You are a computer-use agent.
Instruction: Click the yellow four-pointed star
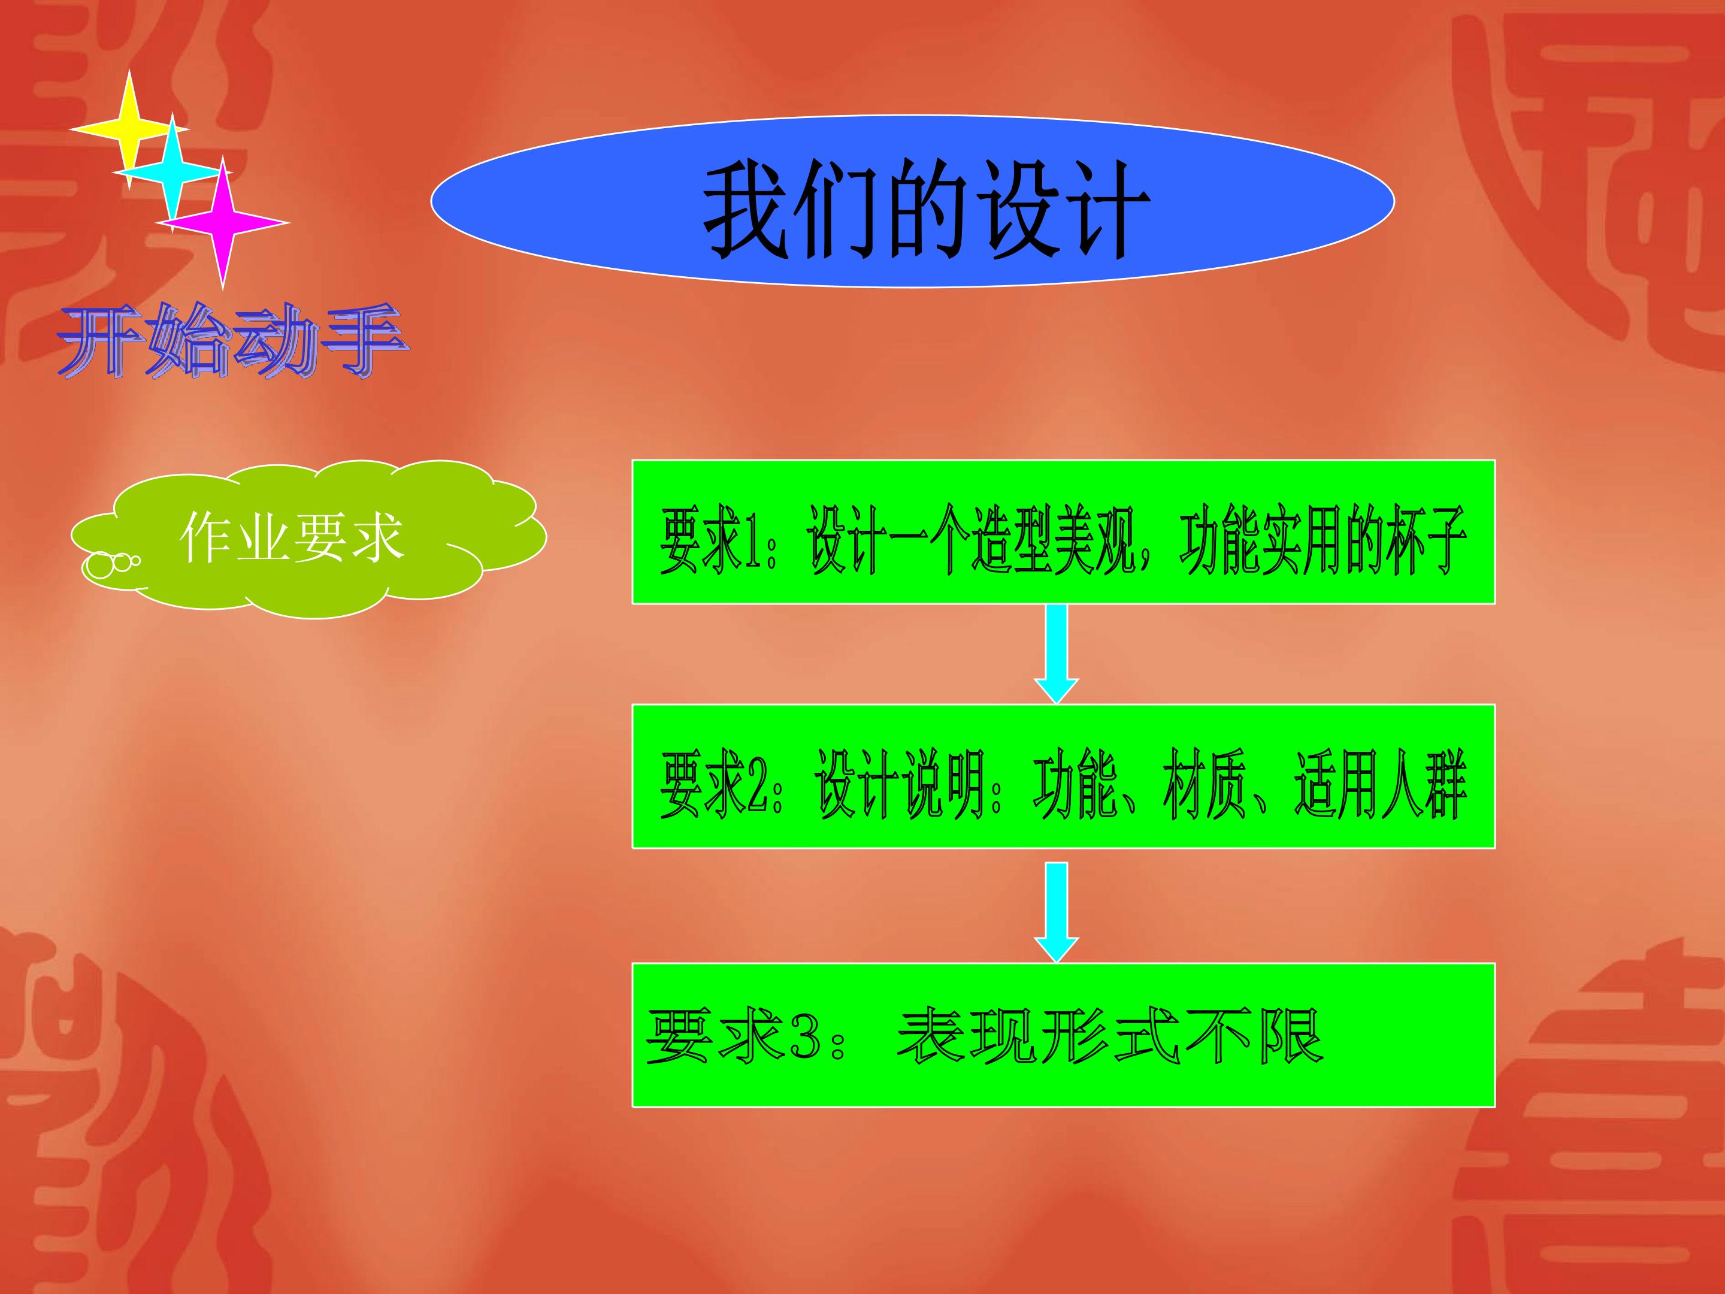tap(129, 129)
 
